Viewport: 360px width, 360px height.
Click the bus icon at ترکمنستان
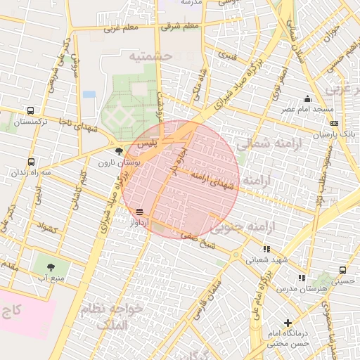point(30,111)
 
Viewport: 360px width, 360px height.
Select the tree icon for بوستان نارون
point(119,151)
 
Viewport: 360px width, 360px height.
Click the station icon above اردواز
point(140,211)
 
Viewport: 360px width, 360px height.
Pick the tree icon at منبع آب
point(51,266)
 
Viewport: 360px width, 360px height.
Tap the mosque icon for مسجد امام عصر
point(307,99)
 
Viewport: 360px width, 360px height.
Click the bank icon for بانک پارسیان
point(333,123)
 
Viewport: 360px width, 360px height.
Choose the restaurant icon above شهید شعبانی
point(266,249)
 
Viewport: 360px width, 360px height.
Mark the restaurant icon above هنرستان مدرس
point(302,278)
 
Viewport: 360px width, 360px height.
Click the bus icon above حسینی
point(342,270)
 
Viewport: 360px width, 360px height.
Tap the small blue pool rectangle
point(89,94)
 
